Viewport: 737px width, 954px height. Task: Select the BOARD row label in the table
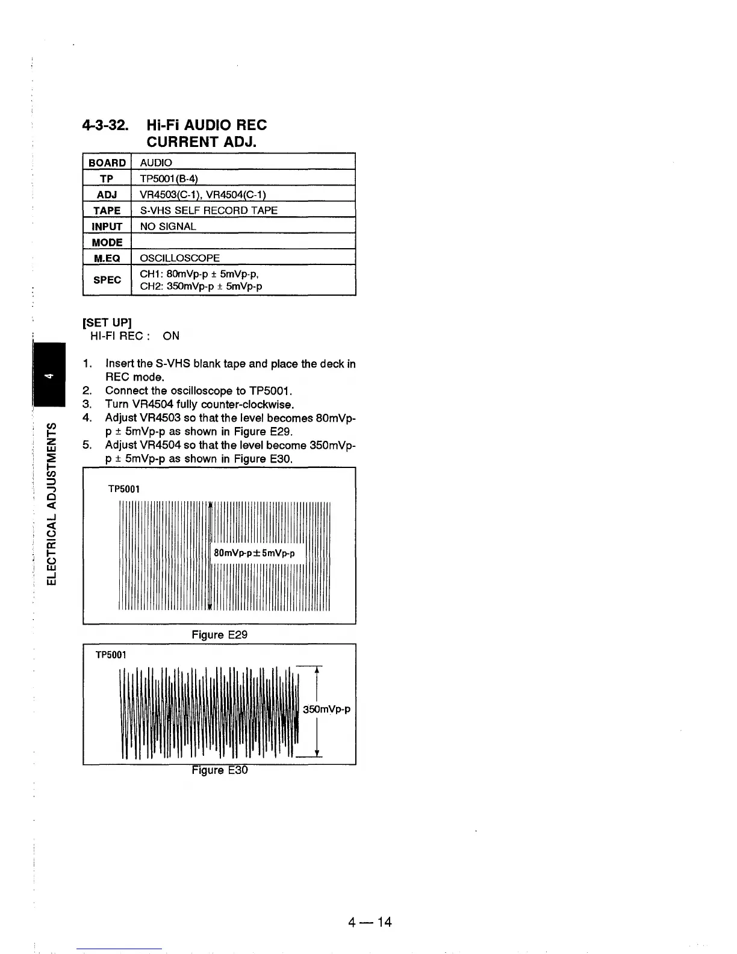107,163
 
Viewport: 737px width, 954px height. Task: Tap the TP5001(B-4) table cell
169,178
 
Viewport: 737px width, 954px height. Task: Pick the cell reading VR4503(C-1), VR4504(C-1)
203,195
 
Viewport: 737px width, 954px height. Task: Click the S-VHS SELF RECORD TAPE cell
208,210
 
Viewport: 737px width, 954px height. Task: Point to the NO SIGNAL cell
168,226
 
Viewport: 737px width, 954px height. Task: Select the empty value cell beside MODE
243,242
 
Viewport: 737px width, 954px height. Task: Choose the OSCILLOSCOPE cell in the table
179,258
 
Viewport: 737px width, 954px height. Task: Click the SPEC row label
107,280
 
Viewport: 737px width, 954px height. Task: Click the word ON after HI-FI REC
171,336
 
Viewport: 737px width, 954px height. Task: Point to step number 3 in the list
87,404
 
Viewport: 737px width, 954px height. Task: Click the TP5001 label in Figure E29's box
123,489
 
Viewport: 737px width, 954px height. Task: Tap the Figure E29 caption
219,635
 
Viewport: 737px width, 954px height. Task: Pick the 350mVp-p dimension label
326,709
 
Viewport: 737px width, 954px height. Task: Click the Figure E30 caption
219,770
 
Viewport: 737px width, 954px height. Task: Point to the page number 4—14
369,921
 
